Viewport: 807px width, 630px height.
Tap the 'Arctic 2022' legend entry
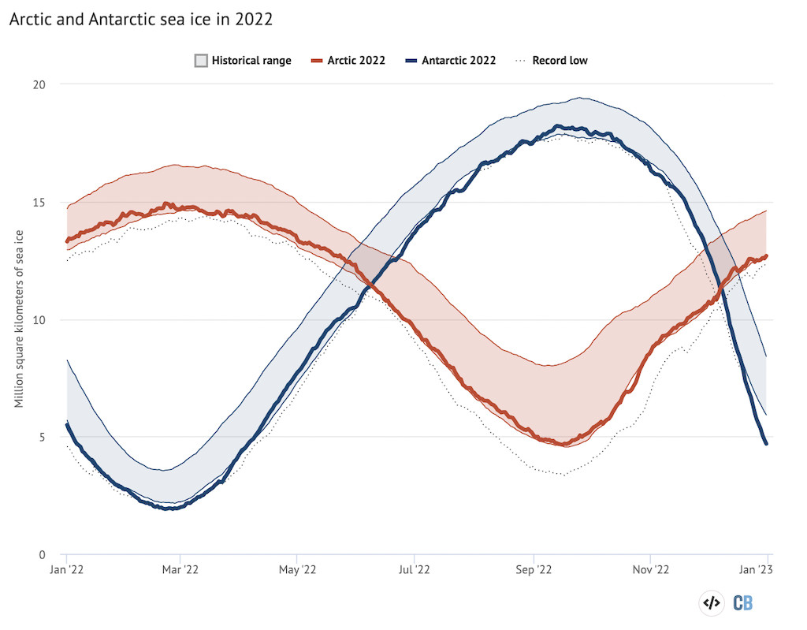[348, 60]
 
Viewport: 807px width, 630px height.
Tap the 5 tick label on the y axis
[43, 437]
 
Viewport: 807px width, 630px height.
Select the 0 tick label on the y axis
[43, 554]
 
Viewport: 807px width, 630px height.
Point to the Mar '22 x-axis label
[181, 568]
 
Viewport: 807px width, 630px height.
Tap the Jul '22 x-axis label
[415, 568]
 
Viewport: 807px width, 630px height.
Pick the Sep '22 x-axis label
[534, 568]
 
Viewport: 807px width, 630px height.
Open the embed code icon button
[711, 603]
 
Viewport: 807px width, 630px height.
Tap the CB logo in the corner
[743, 603]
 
